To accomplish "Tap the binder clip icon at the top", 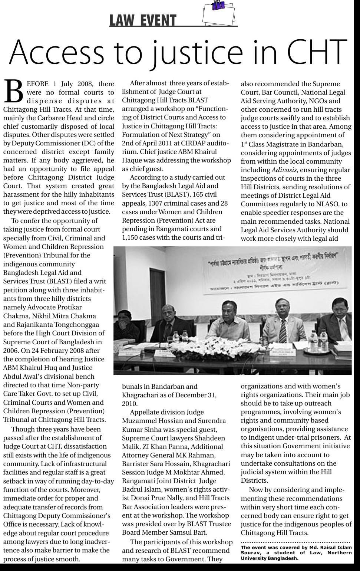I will tap(218, 5).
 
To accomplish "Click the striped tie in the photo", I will tap(283, 330).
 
